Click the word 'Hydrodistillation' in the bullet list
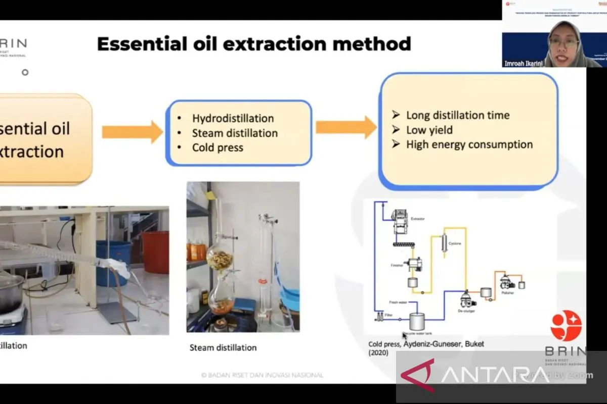coord(233,119)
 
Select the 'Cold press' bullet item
coord(218,148)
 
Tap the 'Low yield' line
coord(429,130)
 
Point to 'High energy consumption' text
coord(469,144)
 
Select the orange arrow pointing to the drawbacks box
coord(346,127)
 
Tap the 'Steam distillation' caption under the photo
coord(223,347)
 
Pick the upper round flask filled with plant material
coord(220,260)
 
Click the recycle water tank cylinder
coord(417,321)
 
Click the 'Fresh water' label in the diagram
coord(398,302)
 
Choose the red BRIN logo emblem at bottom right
coord(566,325)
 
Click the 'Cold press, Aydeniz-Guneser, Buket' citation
coord(426,344)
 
